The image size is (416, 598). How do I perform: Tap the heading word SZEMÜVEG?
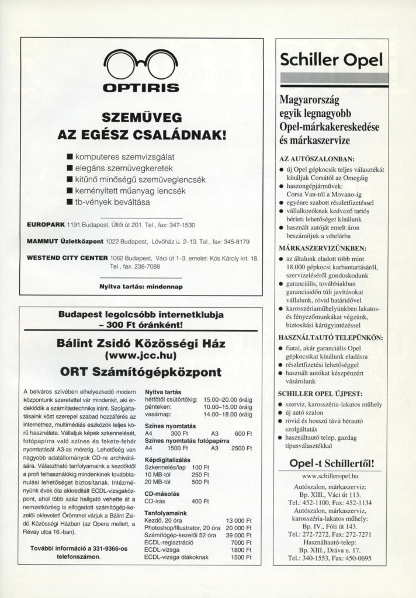(140, 116)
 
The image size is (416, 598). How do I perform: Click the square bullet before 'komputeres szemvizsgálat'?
(70, 156)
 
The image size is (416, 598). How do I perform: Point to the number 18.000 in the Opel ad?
(300, 267)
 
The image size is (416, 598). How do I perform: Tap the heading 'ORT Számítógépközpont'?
(141, 372)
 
